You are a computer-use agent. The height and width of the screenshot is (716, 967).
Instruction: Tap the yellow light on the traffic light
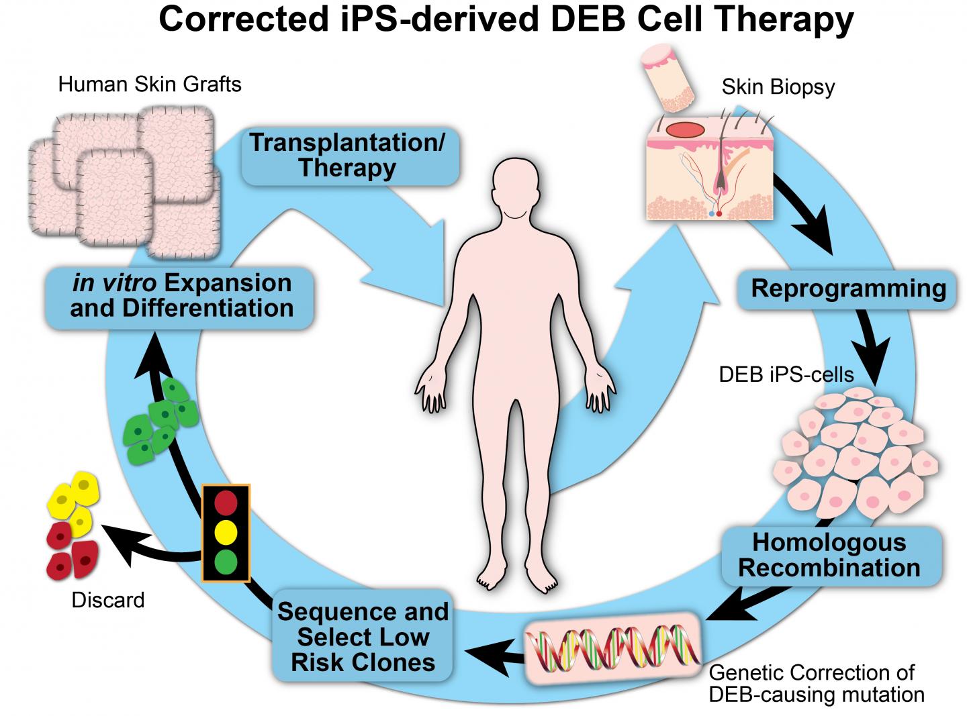(226, 531)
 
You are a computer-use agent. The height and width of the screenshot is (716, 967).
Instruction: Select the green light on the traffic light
(226, 560)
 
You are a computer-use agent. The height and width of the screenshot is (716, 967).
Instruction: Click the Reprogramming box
(848, 289)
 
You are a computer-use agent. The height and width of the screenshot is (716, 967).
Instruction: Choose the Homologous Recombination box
(829, 554)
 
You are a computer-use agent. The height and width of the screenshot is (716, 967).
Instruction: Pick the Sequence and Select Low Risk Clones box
(363, 636)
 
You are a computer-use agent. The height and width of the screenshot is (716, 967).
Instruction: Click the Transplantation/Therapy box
(347, 155)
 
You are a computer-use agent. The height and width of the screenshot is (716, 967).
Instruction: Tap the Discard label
(107, 600)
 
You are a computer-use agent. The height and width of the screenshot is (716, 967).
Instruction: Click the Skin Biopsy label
(778, 87)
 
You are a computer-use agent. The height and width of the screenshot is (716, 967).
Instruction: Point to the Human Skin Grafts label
(149, 84)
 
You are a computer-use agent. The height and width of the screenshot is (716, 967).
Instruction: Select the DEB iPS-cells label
(786, 374)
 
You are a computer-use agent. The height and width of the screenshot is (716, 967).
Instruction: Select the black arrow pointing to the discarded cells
(148, 546)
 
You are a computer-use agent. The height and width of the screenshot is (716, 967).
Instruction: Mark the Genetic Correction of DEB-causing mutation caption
(816, 682)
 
